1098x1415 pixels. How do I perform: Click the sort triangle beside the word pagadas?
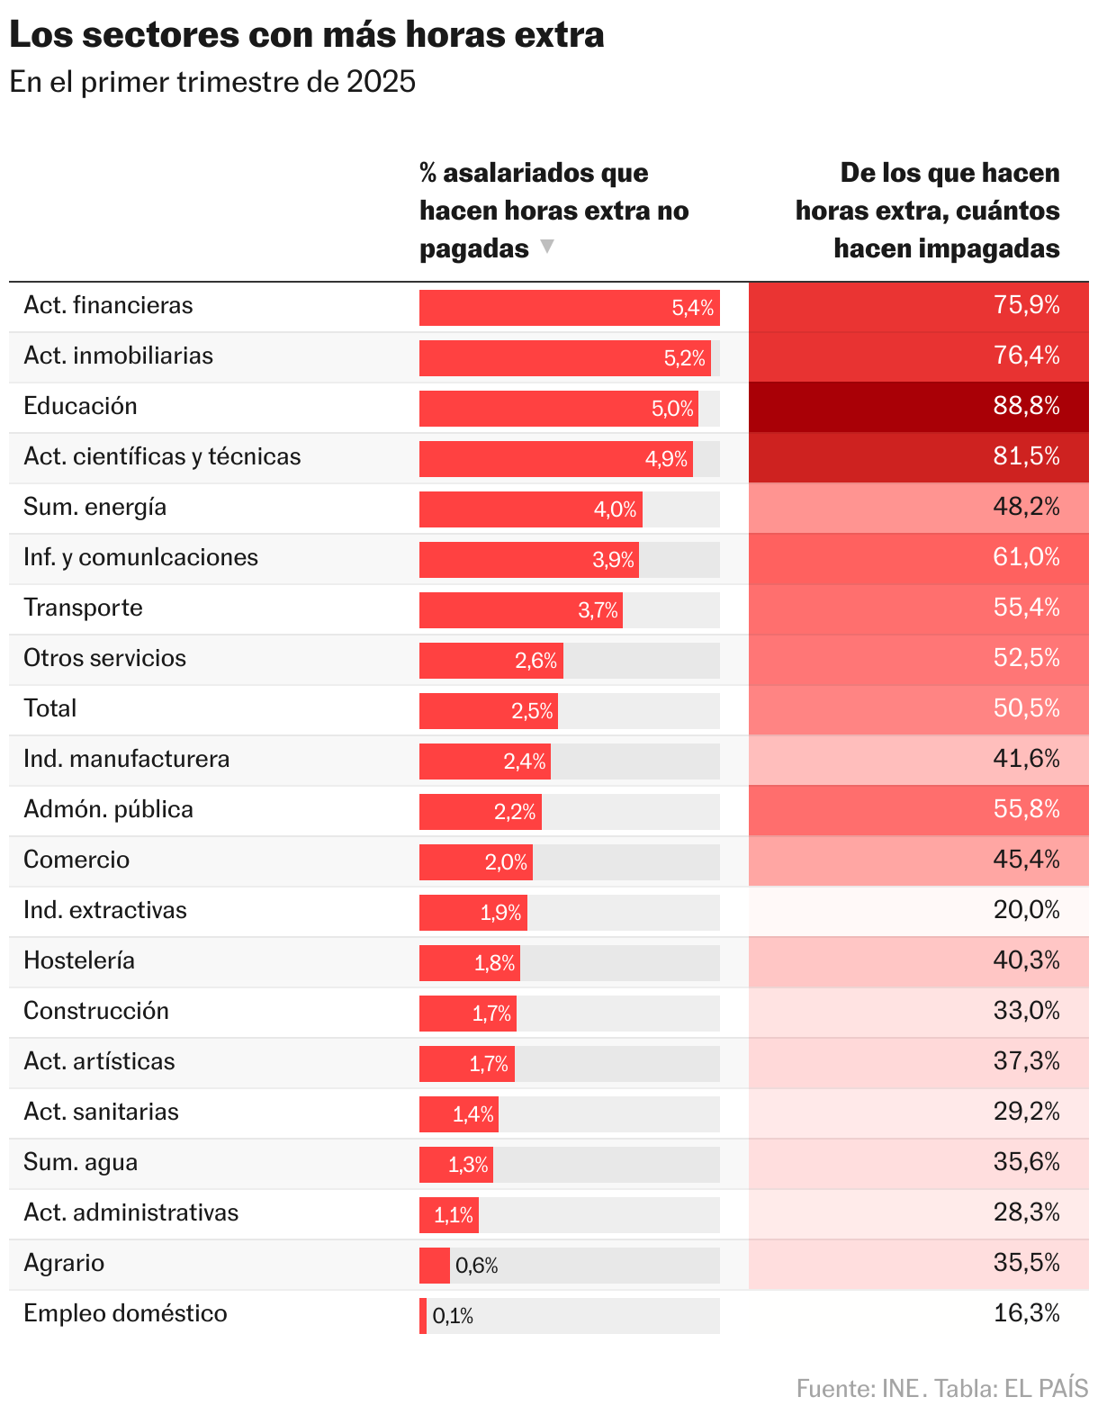[546, 247]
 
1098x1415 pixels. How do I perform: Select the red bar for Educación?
[558, 408]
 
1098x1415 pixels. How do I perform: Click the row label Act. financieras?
[108, 305]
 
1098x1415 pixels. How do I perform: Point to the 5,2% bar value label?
[685, 358]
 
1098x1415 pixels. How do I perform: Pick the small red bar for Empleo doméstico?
[423, 1315]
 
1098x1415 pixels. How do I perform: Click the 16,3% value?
[1026, 1313]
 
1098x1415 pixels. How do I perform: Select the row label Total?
[50, 708]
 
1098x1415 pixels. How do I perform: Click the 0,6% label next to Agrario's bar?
[476, 1266]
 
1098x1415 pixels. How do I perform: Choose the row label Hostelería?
[79, 960]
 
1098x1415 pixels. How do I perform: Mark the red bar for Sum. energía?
[530, 509]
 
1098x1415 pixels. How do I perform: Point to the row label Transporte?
[83, 608]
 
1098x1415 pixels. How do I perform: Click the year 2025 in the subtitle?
[381, 82]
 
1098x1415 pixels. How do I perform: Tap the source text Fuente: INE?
[858, 1388]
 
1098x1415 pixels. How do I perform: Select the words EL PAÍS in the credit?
[1046, 1388]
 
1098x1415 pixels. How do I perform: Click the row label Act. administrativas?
[131, 1212]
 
